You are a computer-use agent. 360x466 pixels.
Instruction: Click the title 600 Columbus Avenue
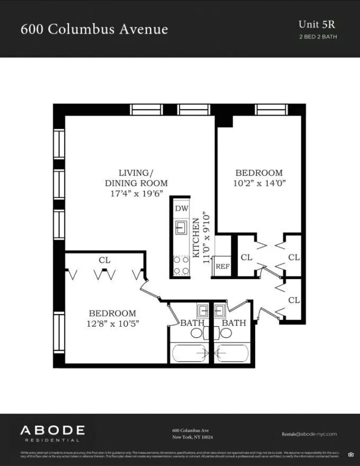94,29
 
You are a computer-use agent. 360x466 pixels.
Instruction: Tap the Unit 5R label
317,24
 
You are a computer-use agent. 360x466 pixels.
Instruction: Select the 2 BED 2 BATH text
318,37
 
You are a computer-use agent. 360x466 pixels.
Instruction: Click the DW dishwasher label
182,208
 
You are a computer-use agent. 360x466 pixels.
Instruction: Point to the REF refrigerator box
222,266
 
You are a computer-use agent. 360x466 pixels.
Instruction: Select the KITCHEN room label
196,238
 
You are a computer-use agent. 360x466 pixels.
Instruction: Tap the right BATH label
233,322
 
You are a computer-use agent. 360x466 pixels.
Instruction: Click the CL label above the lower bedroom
104,260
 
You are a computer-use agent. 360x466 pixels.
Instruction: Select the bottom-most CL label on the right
294,300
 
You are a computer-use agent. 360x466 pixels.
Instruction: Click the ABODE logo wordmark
52,430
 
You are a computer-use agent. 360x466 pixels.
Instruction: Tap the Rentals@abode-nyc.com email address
309,434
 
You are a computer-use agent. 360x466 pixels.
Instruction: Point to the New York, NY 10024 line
193,437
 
